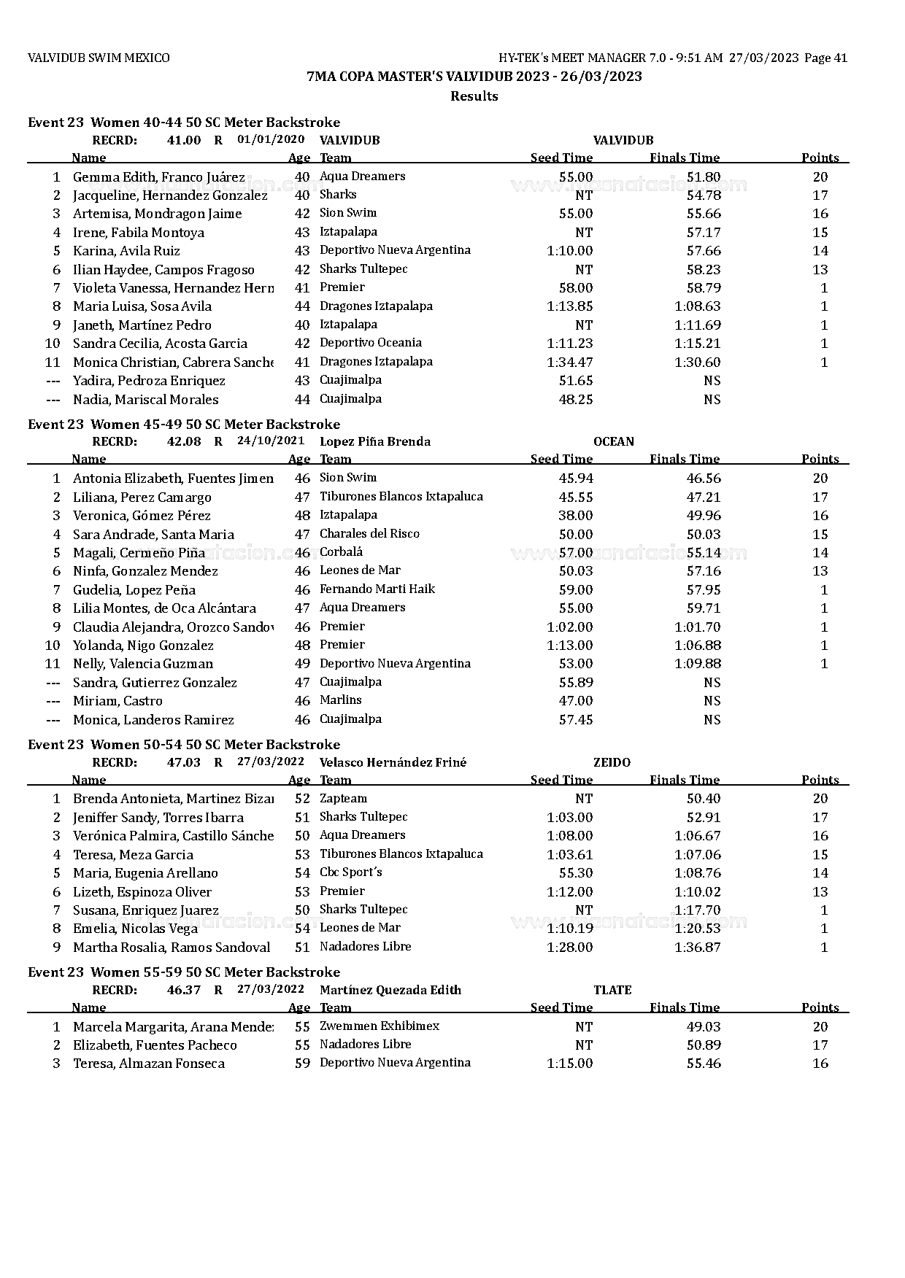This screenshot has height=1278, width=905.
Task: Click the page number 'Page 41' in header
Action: coord(825,58)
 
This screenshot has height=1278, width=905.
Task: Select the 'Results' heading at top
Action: coord(474,96)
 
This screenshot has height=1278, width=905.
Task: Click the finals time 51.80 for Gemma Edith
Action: coord(704,177)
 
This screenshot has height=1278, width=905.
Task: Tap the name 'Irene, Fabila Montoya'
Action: coord(139,233)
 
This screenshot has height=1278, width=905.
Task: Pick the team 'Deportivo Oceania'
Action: coord(371,343)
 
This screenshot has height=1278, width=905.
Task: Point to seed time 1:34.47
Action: coord(570,363)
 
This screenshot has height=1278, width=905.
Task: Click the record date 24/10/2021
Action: coord(271,441)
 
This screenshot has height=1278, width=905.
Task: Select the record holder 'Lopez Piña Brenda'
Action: coord(375,441)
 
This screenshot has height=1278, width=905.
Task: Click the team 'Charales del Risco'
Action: coord(369,534)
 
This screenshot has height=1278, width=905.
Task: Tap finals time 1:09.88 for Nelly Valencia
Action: coord(698,664)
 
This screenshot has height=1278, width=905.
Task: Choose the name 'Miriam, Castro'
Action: coord(118,701)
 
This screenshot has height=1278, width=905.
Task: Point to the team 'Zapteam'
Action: coord(343,799)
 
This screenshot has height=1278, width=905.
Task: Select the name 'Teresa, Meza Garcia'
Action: coord(133,855)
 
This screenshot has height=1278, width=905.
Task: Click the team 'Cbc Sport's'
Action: coord(351,873)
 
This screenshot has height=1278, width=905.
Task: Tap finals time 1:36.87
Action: coord(698,948)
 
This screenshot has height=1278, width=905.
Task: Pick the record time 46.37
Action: coord(184,991)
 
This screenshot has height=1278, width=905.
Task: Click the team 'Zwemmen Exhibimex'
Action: coord(380,1026)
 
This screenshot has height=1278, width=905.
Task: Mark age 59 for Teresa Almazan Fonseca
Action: coord(302,1064)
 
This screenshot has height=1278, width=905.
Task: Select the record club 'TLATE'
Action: coord(612,991)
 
